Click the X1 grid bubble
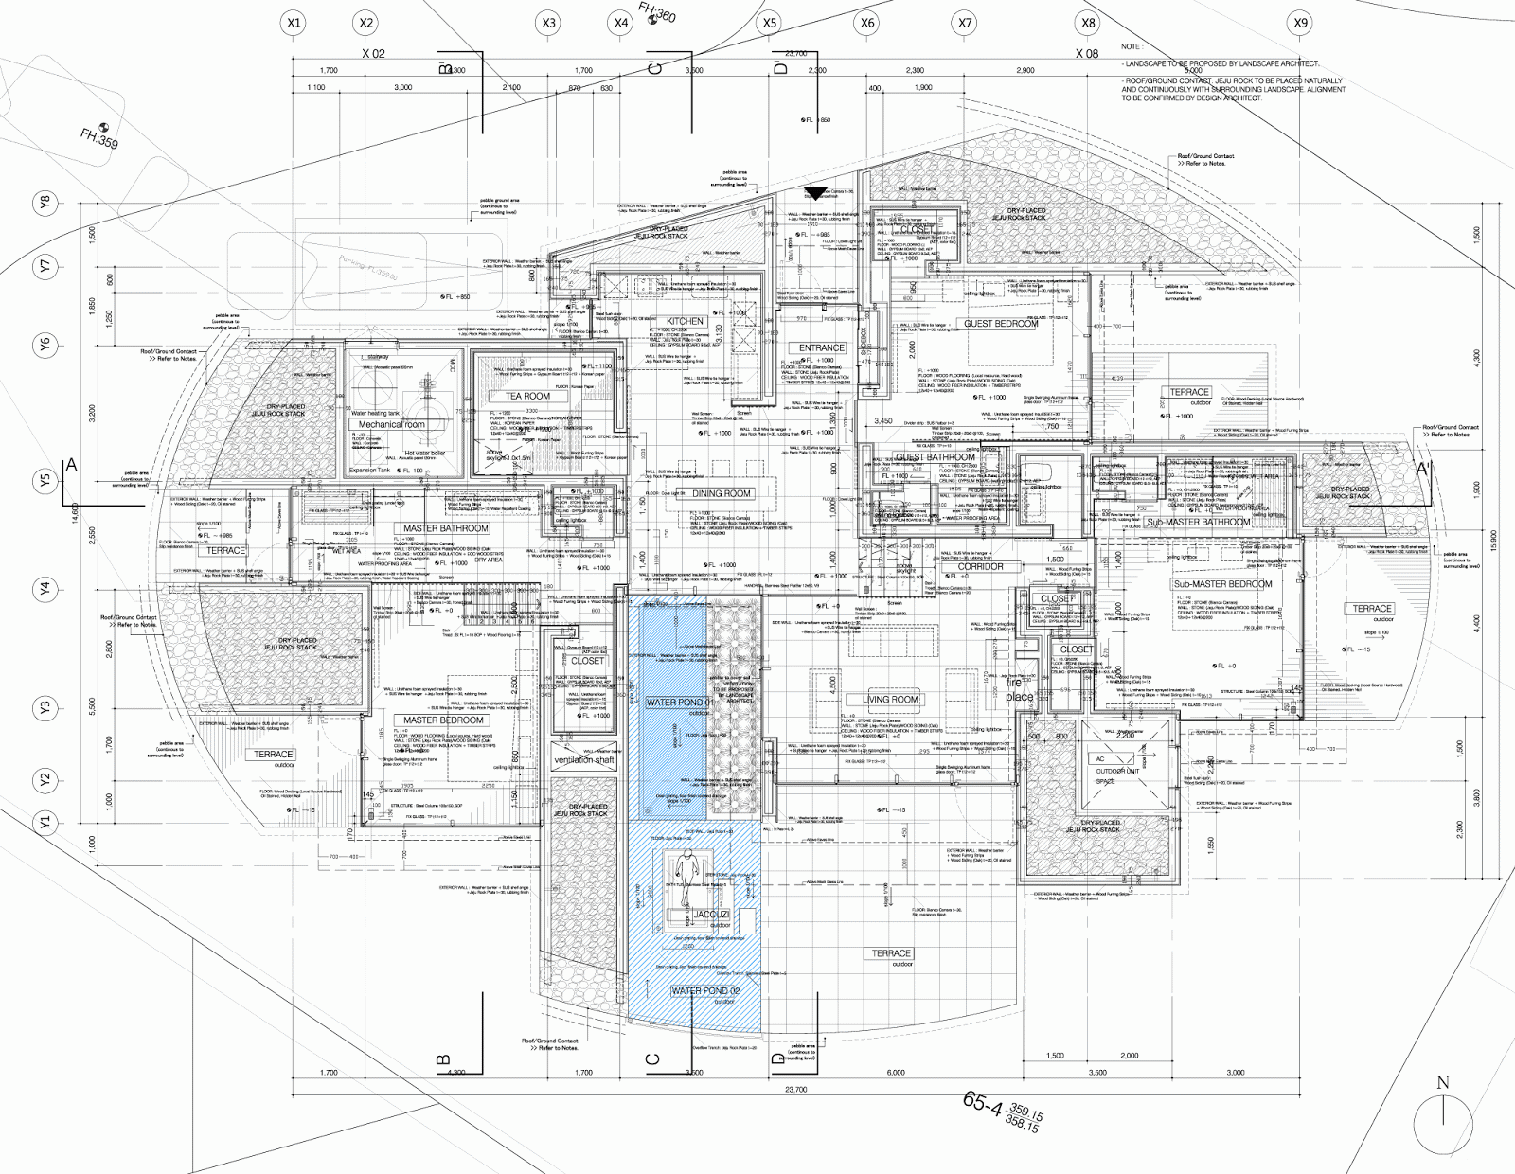click(x=294, y=23)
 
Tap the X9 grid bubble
click(x=1301, y=23)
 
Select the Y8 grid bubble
click(x=45, y=202)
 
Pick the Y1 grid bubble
click(x=45, y=822)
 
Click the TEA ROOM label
click(x=527, y=396)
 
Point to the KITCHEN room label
click(x=685, y=321)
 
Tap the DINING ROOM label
click(x=722, y=493)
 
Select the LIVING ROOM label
click(x=890, y=699)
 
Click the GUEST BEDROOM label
click(x=1001, y=324)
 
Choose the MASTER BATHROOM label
click(x=446, y=528)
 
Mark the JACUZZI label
click(x=711, y=916)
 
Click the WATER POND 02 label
click(x=700, y=991)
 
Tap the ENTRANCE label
click(x=821, y=347)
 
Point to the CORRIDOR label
click(x=980, y=567)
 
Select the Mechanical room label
click(x=392, y=425)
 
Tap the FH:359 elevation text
click(x=99, y=138)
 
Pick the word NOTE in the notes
click(x=1132, y=46)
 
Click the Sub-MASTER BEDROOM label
click(x=1223, y=584)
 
